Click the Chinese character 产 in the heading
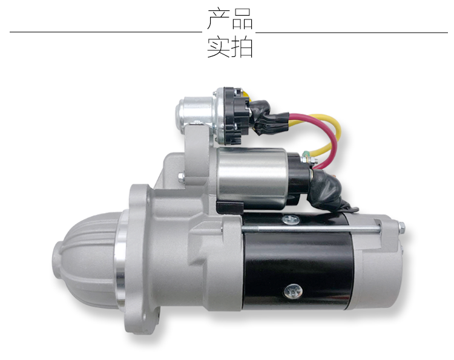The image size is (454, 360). coord(219,19)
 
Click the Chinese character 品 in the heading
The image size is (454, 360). coord(242,19)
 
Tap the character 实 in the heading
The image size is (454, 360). coord(219,47)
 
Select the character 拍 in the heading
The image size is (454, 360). coord(242,47)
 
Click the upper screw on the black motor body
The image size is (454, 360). coord(291,220)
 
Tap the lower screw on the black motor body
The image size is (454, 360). coord(294,292)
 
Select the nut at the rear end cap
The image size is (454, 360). coord(401,228)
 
